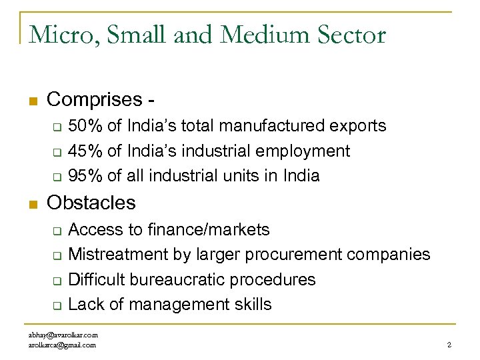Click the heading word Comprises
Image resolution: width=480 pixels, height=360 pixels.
[95, 100]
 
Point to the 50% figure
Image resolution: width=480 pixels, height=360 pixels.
[85, 126]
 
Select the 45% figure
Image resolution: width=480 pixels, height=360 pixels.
[85, 151]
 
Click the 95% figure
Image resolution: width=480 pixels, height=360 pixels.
[85, 176]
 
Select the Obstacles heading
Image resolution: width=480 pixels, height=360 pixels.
[91, 203]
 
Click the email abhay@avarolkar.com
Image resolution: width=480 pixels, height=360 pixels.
[63, 335]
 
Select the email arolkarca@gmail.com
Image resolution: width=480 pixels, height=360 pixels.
[62, 345]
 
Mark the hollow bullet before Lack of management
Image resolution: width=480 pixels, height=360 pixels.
[57, 306]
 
